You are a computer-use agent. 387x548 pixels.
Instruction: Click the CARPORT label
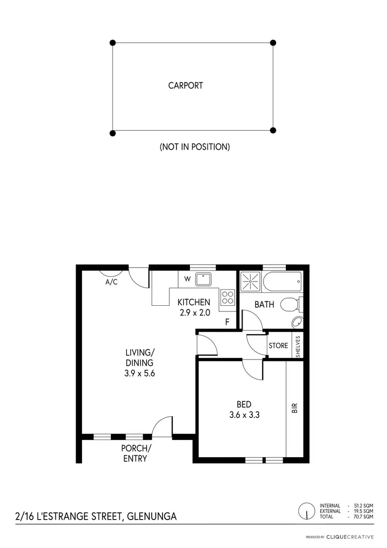pos(186,86)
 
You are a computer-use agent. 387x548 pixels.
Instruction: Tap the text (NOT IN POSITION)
pos(195,147)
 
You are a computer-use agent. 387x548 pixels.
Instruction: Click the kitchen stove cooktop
pos(228,296)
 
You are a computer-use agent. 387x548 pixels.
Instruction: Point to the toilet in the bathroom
pos(291,305)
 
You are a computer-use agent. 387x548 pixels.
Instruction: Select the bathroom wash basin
pos(297,322)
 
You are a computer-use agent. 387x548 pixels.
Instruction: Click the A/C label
pos(112,283)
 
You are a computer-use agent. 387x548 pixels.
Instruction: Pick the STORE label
pos(278,346)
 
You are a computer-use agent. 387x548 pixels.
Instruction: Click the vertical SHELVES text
pos(298,346)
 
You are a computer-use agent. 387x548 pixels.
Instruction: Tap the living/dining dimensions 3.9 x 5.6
pos(140,372)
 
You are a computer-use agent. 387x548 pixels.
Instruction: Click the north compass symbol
pos(307,511)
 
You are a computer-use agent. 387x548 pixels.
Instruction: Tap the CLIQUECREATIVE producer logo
pos(352,537)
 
